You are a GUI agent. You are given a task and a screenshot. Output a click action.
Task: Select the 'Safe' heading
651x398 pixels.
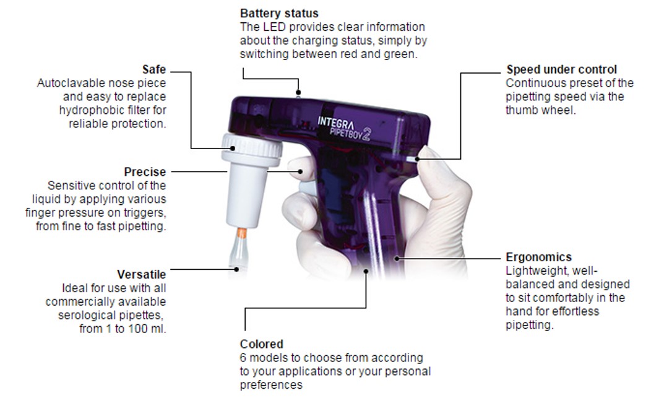point(154,71)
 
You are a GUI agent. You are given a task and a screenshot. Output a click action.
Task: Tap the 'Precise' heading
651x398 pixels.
point(145,171)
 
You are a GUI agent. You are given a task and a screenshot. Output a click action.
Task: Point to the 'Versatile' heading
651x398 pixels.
point(142,274)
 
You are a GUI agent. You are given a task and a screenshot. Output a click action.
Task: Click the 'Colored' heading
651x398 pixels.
point(261,344)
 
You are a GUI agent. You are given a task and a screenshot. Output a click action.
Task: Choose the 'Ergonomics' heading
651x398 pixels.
point(538,257)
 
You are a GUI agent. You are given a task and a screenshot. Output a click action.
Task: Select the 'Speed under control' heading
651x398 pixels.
point(561,69)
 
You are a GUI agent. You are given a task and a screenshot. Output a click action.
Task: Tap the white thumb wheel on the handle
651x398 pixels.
point(412,158)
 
